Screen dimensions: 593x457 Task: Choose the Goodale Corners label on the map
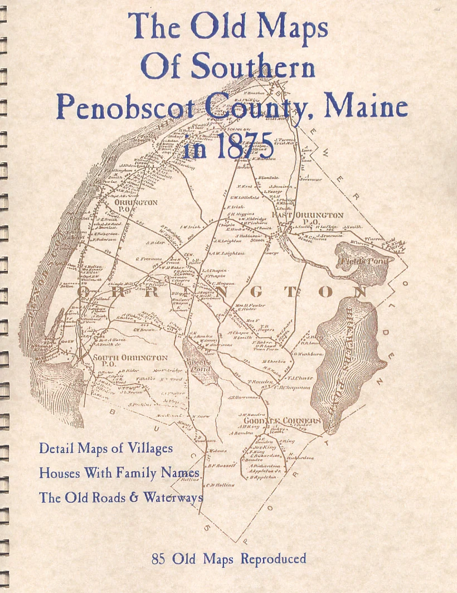(286, 420)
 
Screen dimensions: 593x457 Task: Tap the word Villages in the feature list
(148, 448)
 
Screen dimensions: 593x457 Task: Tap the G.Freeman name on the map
(149, 259)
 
